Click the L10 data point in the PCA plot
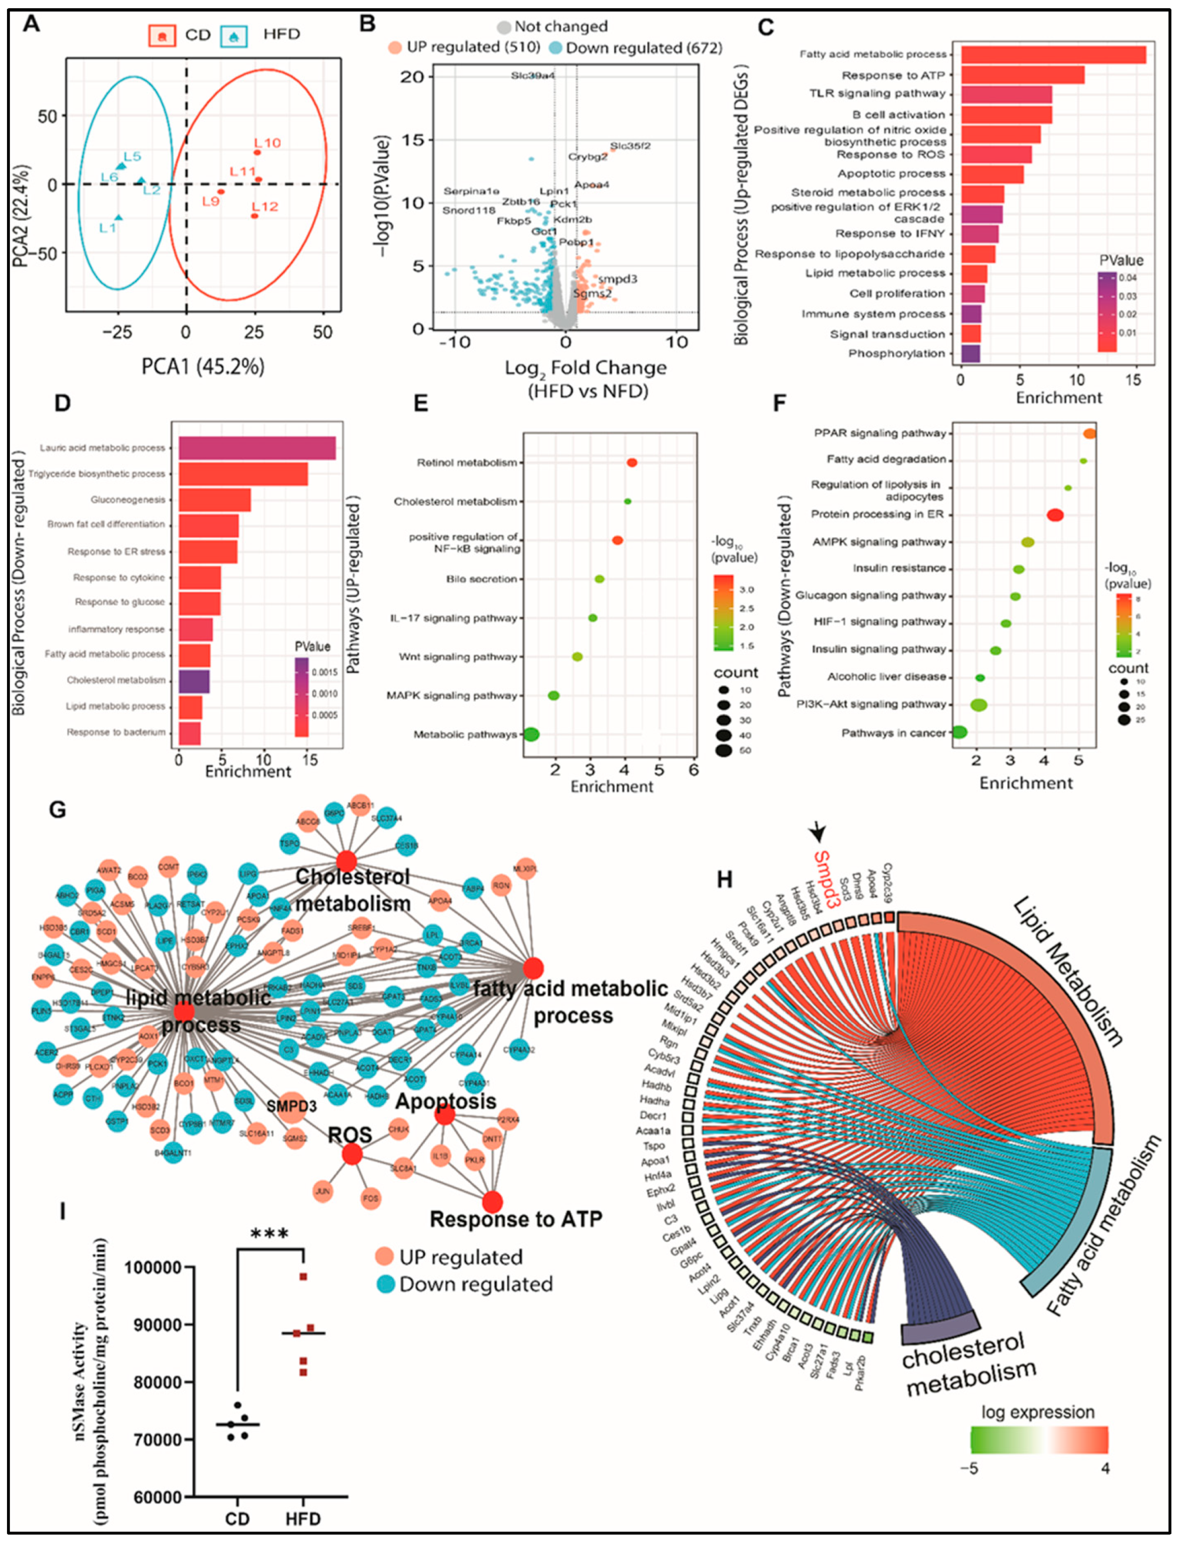(x=257, y=152)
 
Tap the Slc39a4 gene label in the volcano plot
(x=532, y=76)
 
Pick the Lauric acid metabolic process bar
(x=256, y=448)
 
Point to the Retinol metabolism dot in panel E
(x=632, y=462)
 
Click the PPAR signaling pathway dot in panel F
(x=1089, y=434)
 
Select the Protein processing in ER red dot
(x=1054, y=515)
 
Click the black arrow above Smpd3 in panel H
(x=817, y=832)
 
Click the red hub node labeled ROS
(x=352, y=1154)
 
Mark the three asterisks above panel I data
(x=269, y=1235)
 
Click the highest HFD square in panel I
(x=303, y=1276)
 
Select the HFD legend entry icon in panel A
(x=233, y=35)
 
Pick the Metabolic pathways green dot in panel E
(x=531, y=735)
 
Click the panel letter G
(x=57, y=810)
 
